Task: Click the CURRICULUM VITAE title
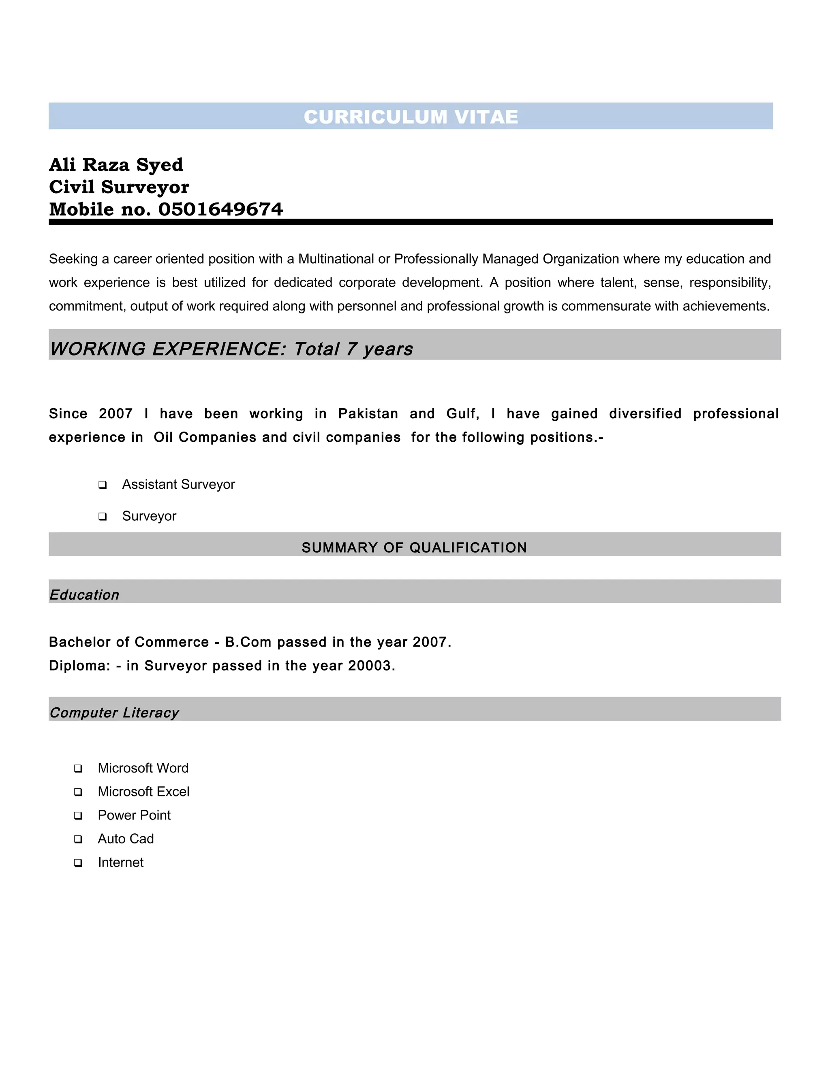tap(411, 117)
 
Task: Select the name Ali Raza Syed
tap(116, 164)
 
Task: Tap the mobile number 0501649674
tap(220, 209)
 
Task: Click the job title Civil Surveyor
tap(119, 187)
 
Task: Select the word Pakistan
tap(368, 414)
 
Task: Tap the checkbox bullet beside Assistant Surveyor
tap(102, 485)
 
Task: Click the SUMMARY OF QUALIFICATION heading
tap(414, 547)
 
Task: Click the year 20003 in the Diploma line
tap(369, 666)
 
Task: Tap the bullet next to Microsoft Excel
tap(78, 792)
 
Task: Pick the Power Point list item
tap(134, 815)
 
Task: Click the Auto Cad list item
tap(126, 839)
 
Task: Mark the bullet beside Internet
tap(78, 863)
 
